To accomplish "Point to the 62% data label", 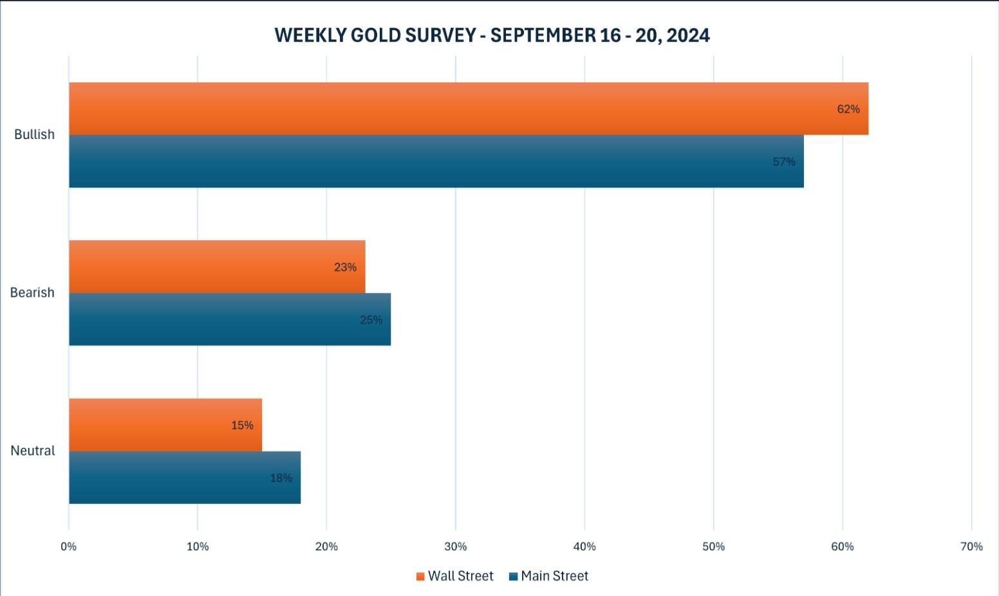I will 848,109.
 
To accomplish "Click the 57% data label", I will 783,162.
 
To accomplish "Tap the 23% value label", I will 345,268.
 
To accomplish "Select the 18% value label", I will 281,478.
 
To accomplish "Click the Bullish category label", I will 34,135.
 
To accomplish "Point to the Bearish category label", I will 32,293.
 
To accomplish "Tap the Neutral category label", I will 33,451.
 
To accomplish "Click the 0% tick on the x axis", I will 69,546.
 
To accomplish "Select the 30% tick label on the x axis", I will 456,546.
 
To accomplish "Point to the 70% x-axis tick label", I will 971,546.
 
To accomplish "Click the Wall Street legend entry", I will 454,576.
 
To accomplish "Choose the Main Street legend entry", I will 548,576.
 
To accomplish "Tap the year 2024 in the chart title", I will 688,35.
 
